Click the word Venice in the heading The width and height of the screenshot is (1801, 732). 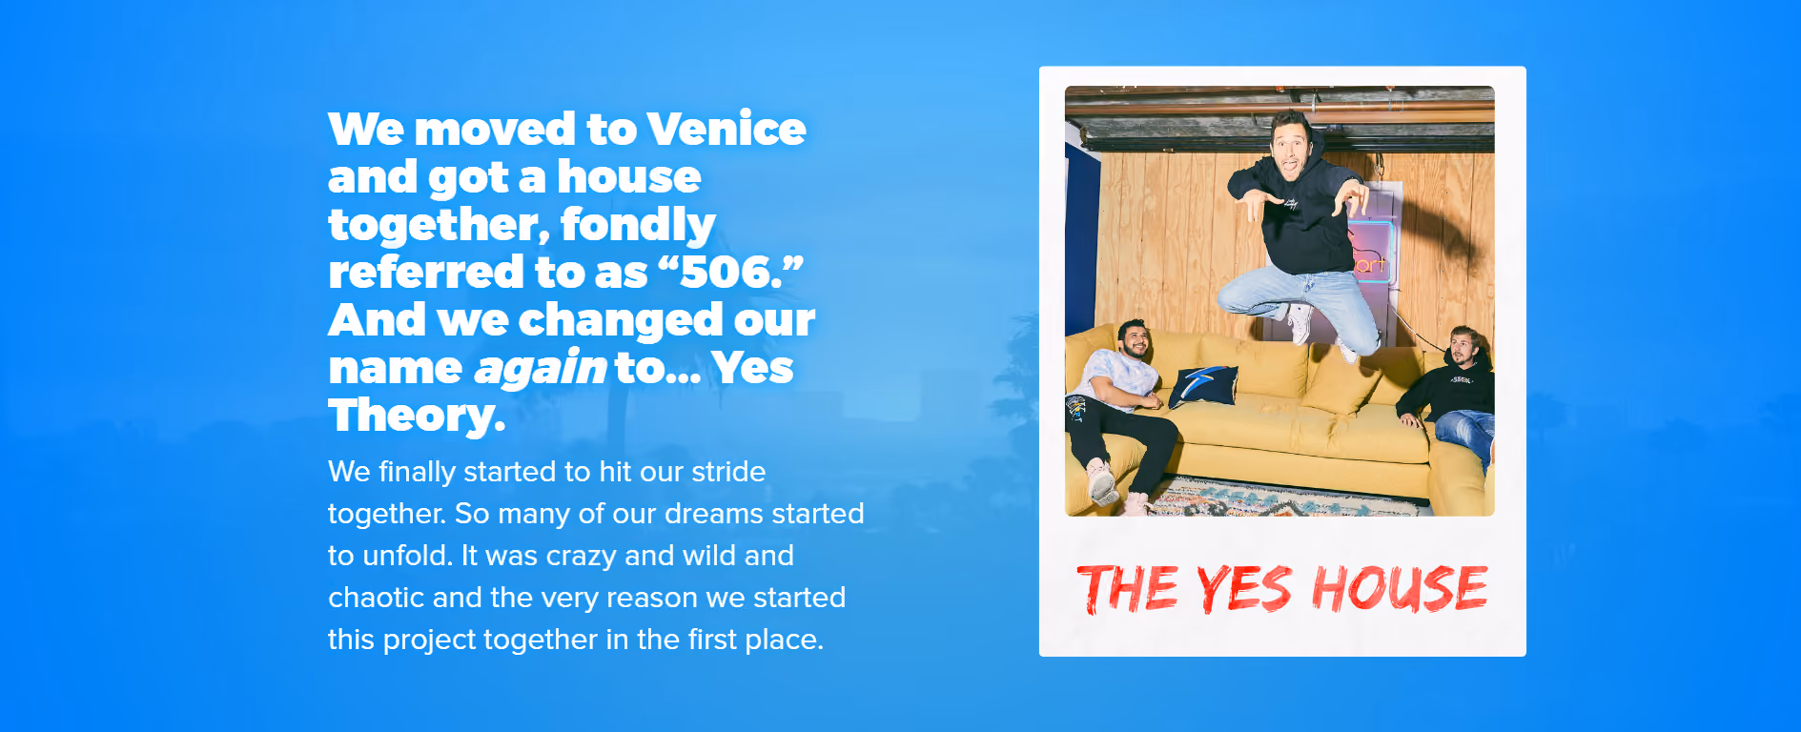pyautogui.click(x=726, y=129)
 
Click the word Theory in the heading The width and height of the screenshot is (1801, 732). pyautogui.click(x=416, y=417)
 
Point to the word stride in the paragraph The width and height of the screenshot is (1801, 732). pyautogui.click(x=728, y=472)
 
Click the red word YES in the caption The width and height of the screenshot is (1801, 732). pyautogui.click(x=1243, y=589)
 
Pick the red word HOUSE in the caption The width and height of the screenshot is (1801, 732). pyautogui.click(x=1400, y=588)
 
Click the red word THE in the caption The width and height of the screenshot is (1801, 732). pyautogui.click(x=1127, y=589)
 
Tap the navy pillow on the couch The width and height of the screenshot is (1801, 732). pyautogui.click(x=1204, y=385)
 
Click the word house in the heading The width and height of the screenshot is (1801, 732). pyautogui.click(x=628, y=176)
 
